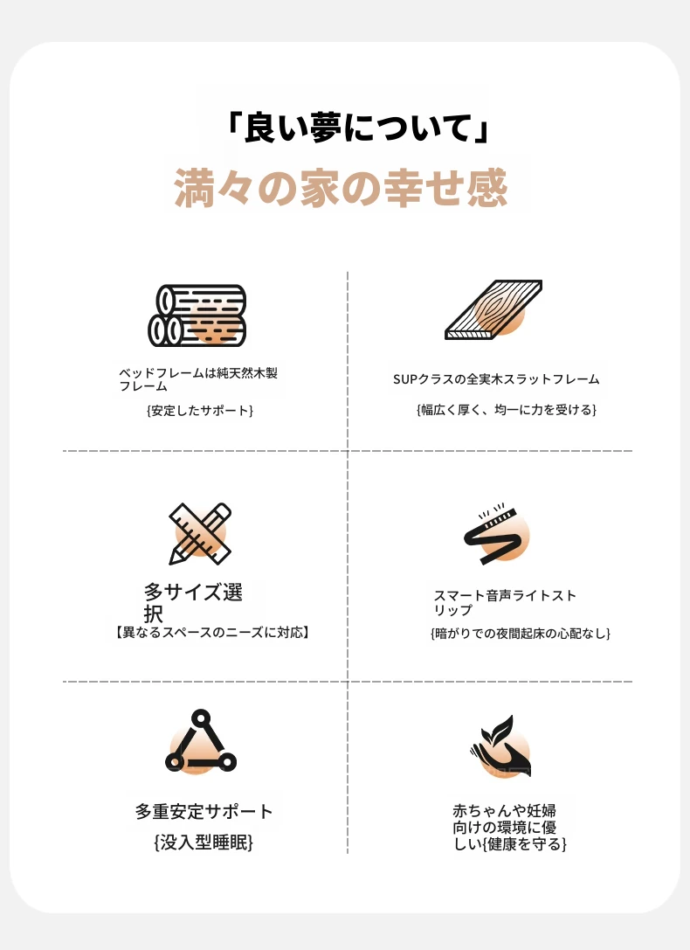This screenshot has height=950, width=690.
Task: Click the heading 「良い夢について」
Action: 357,128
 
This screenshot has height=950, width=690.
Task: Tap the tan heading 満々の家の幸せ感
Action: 341,188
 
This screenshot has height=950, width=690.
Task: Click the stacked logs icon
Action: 197,316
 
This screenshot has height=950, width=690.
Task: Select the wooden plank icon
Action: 493,309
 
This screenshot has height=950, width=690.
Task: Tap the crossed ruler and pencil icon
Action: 200,533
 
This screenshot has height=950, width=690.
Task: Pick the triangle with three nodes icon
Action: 200,742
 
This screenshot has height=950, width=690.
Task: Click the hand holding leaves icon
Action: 500,745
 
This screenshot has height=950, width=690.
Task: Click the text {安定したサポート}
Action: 200,411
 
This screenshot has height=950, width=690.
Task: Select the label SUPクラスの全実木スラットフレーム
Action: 496,379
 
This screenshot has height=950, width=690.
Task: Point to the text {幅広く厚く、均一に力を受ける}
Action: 506,410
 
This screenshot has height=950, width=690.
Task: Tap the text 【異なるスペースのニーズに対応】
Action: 212,633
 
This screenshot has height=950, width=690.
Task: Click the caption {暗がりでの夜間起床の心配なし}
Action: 521,634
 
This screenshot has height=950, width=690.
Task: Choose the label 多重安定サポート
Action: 204,811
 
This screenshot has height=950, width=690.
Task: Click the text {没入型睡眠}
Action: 204,843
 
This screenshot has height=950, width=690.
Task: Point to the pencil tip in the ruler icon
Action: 173,561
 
